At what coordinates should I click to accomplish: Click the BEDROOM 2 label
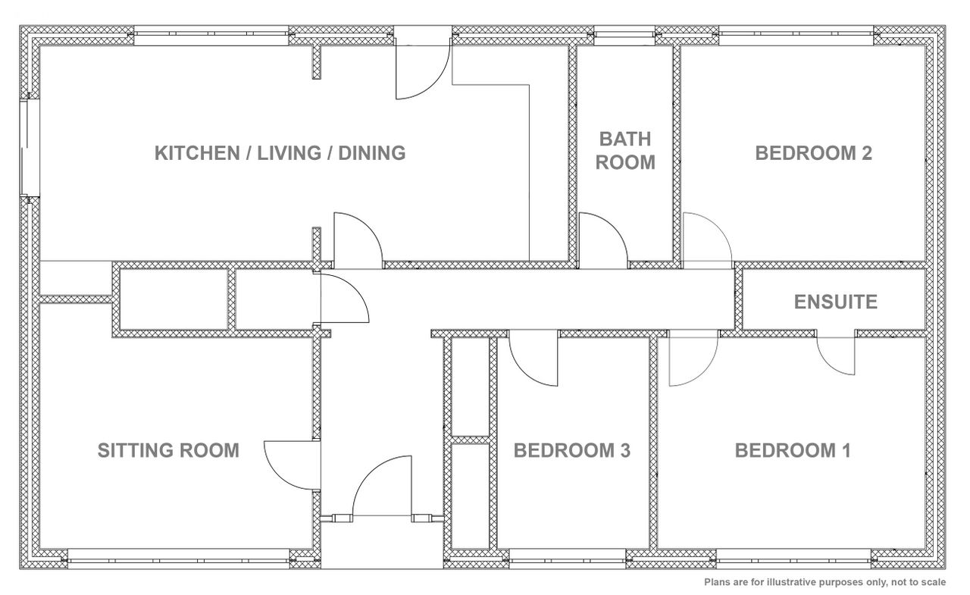(813, 153)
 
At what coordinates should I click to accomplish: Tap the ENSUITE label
(835, 302)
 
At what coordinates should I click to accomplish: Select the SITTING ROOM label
(168, 450)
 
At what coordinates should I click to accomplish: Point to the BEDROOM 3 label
(571, 450)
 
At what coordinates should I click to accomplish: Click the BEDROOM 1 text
(793, 450)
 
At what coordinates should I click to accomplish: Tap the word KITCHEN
(197, 153)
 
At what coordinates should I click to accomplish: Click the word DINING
(371, 153)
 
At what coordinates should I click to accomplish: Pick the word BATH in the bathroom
(625, 139)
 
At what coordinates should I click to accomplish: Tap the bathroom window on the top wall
(624, 35)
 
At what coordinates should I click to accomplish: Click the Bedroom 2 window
(796, 35)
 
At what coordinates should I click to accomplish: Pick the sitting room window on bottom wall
(178, 559)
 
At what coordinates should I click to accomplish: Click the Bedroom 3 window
(568, 559)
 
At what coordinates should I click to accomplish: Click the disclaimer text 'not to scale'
(918, 582)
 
